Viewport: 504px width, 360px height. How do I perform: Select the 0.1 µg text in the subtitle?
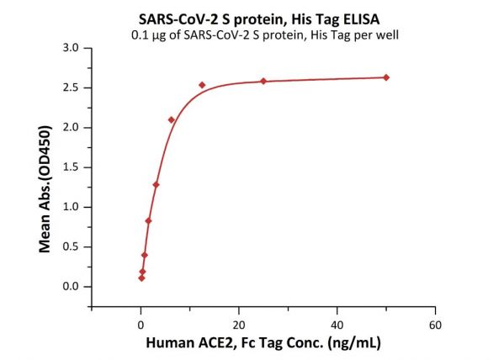coord(148,34)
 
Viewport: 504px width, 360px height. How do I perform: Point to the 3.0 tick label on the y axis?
coord(71,48)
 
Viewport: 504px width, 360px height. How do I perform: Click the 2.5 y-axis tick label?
coord(71,87)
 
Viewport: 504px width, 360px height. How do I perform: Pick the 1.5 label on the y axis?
coord(71,167)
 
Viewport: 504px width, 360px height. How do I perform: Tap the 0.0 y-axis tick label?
coord(71,286)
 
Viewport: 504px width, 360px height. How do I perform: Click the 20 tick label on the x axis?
coord(239,325)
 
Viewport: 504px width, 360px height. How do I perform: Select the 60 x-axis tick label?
coord(435,325)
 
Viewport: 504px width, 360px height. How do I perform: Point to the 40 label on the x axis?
coord(337,325)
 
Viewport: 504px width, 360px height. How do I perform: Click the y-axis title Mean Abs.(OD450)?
coord(45,189)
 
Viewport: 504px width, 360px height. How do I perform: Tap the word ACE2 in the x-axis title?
coord(215,343)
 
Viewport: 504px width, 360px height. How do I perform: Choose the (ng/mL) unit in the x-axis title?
coord(354,343)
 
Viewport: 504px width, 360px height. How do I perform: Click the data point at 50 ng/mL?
coord(386,77)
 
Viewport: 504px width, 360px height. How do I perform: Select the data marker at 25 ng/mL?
coord(263,81)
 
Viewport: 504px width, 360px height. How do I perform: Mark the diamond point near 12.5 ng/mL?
coord(202,85)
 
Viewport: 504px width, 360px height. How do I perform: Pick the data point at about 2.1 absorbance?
coord(172,120)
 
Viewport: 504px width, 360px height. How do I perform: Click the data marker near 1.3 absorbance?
coord(157,185)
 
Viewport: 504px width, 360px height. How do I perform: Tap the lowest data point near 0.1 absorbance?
coord(141,278)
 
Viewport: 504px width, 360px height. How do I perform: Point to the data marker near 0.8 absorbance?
coord(148,221)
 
